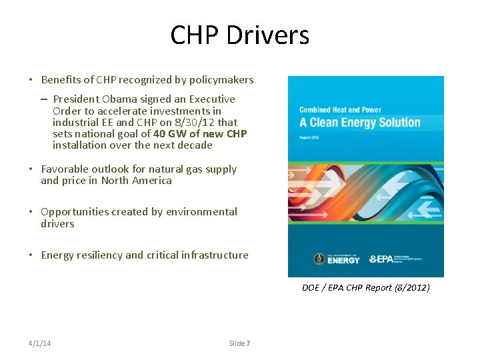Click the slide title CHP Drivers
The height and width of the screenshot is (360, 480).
[x=240, y=35]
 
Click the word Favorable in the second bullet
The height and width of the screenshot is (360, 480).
[x=64, y=169]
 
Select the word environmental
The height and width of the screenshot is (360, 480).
[x=202, y=212]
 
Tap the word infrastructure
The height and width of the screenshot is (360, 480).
[x=214, y=255]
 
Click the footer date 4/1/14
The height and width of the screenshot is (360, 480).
[x=40, y=343]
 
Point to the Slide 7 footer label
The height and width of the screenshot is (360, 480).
[x=239, y=343]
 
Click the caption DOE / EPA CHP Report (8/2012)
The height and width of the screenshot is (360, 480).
[x=366, y=288]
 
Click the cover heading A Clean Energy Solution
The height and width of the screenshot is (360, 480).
[x=360, y=123]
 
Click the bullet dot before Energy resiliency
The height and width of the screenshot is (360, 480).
[x=31, y=255]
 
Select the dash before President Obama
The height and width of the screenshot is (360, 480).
[x=43, y=99]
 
